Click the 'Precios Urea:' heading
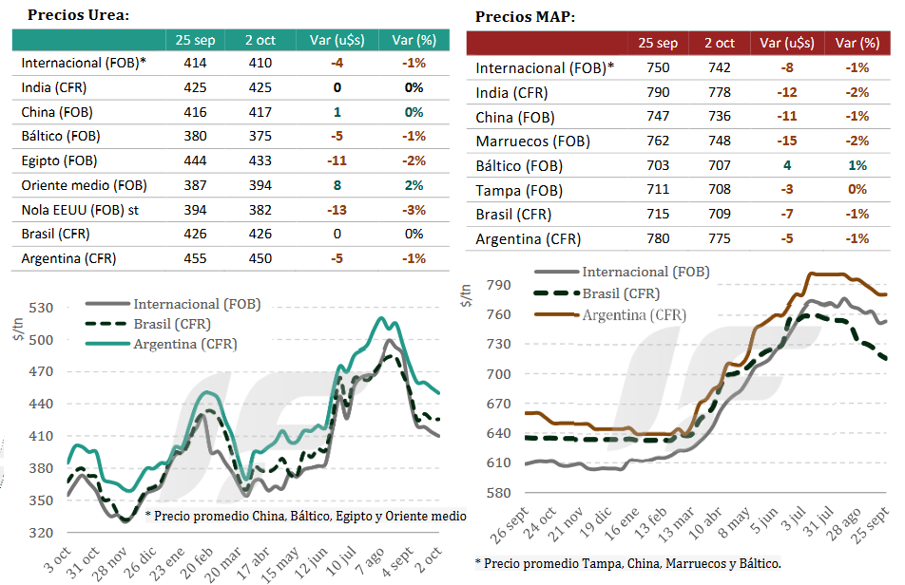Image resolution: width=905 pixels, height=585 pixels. [x=79, y=15]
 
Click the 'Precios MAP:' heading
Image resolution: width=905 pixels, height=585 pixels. [x=525, y=17]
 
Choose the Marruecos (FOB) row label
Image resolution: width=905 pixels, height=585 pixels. [x=532, y=142]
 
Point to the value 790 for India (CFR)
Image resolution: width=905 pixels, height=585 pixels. [x=657, y=92]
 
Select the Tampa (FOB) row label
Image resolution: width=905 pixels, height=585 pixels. [x=520, y=191]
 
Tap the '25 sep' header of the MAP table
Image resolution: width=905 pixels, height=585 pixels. [x=658, y=43]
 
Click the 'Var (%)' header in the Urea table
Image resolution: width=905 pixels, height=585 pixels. [x=414, y=39]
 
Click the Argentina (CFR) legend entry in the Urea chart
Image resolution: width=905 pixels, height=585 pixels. [x=185, y=343]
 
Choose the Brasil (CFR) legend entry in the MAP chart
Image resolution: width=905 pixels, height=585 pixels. [x=621, y=293]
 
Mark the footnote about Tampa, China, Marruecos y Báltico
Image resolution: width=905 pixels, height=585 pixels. [x=627, y=563]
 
